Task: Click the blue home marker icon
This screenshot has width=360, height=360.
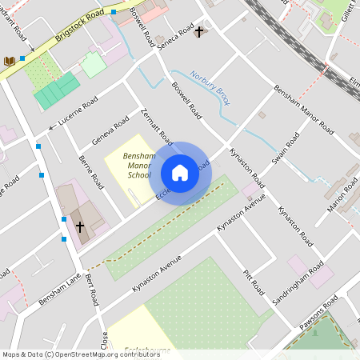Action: pyautogui.click(x=180, y=172)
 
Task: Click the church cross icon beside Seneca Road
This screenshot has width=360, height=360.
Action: pyautogui.click(x=199, y=31)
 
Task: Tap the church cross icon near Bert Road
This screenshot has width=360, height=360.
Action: pyautogui.click(x=80, y=226)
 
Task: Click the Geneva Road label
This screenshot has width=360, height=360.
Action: pyautogui.click(x=110, y=130)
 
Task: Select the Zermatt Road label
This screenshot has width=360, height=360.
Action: pyautogui.click(x=155, y=126)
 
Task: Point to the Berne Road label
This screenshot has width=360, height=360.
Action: pyautogui.click(x=90, y=170)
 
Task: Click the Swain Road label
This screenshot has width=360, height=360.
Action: pyautogui.click(x=286, y=149)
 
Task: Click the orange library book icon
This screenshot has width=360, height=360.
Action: pyautogui.click(x=10, y=61)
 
